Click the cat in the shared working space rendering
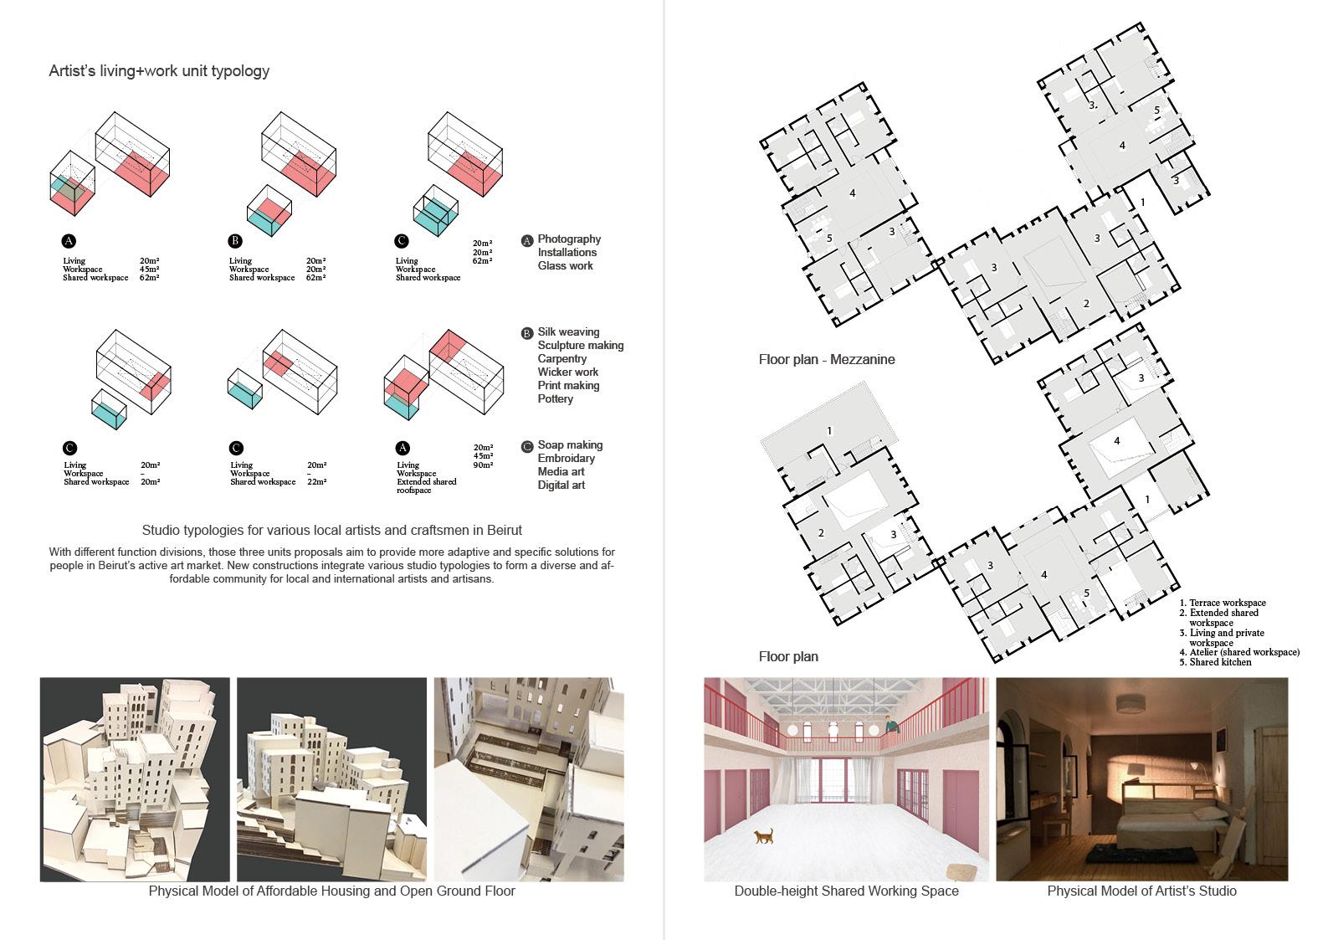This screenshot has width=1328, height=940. click(x=763, y=835)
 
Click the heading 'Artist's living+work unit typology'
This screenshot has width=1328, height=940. click(x=159, y=71)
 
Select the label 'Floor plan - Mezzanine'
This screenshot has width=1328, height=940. click(x=826, y=360)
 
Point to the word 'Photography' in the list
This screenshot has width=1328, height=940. click(x=569, y=239)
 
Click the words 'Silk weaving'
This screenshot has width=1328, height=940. click(x=568, y=332)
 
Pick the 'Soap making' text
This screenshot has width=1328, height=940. click(x=570, y=445)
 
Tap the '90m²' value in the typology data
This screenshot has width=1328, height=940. click(x=483, y=465)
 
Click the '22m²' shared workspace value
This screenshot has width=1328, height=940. click(x=317, y=482)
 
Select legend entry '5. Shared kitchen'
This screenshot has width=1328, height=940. click(x=1216, y=662)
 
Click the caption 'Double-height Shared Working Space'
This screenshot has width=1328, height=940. click(x=846, y=891)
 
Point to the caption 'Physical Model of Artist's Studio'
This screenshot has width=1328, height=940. click(x=1141, y=891)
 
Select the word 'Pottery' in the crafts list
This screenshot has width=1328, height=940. click(x=556, y=399)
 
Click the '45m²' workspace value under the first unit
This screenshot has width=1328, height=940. click(x=150, y=270)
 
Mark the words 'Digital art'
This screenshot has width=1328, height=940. click(x=561, y=485)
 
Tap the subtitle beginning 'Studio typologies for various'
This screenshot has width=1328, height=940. click(x=331, y=531)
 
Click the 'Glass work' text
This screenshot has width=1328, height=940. click(x=565, y=266)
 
